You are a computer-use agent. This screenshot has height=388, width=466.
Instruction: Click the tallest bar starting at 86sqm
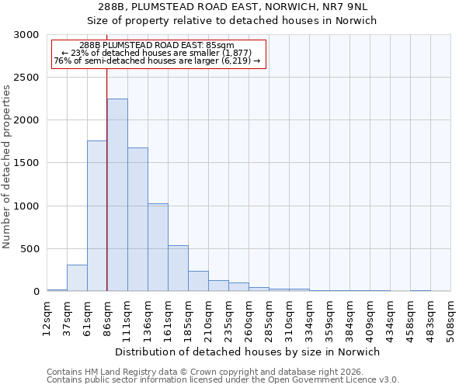(117, 195)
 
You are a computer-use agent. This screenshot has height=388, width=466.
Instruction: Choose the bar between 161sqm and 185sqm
(178, 268)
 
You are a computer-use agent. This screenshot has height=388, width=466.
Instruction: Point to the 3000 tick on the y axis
(26, 36)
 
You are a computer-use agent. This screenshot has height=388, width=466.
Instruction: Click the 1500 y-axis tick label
(26, 164)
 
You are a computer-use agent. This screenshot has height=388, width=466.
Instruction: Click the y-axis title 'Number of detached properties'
(7, 167)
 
